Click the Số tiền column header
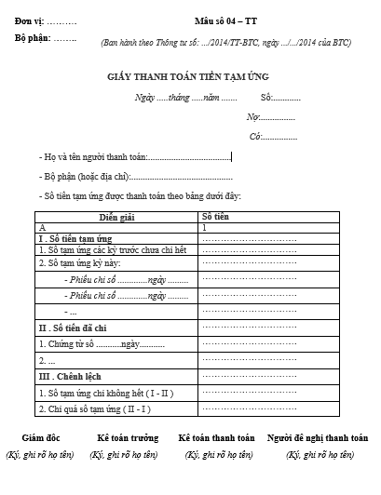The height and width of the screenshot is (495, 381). [216, 216]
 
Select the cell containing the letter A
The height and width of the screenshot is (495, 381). [42, 227]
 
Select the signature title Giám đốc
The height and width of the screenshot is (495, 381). [42, 438]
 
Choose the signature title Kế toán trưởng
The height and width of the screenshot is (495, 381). [128, 438]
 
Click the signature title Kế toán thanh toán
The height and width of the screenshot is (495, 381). [217, 438]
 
